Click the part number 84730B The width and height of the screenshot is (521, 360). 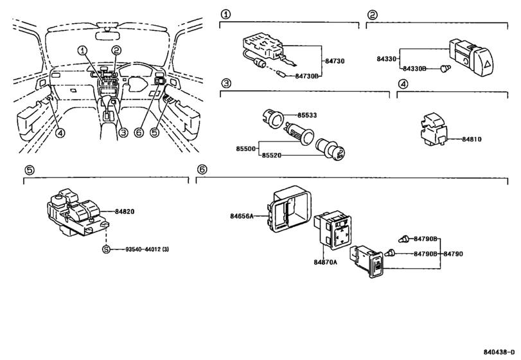(x=308, y=75)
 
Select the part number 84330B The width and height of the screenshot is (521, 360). (x=414, y=68)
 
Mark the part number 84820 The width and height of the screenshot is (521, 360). (x=128, y=210)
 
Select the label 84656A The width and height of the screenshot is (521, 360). (x=242, y=217)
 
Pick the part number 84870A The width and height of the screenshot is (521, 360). (x=326, y=262)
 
